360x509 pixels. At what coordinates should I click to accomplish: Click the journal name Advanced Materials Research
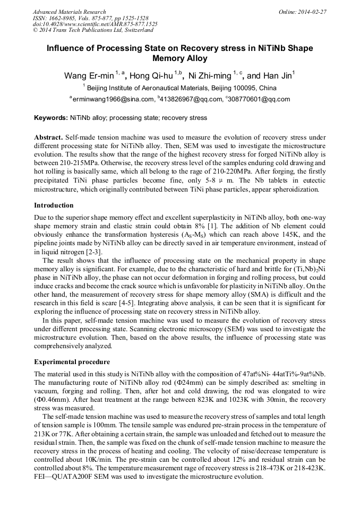pos(69,12)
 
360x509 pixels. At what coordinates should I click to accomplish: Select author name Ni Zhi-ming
pos(210,76)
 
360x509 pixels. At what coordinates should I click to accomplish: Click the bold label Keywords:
pos(51,118)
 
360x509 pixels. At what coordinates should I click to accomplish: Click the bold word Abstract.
pos(48,137)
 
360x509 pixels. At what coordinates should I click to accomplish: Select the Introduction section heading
pos(54,205)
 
